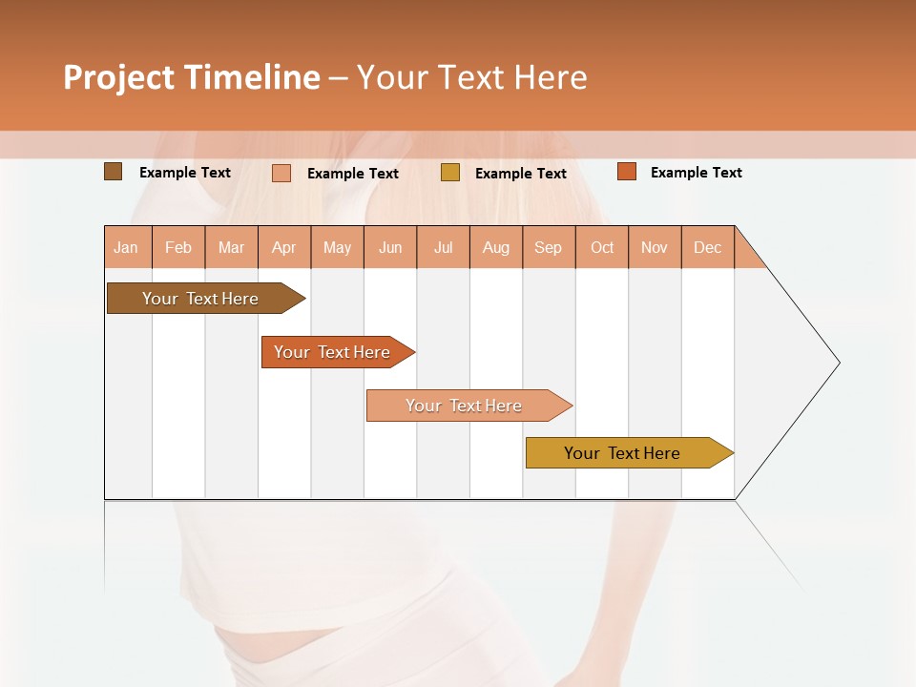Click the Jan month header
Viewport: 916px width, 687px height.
(127, 247)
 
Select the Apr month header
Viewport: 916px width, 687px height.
(284, 247)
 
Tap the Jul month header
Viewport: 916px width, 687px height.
(443, 247)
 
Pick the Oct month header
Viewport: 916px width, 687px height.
(601, 247)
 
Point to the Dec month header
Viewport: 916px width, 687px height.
(707, 247)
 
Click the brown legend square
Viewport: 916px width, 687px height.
(113, 172)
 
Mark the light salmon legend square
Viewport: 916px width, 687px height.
(281, 173)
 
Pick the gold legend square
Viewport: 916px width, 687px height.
(449, 173)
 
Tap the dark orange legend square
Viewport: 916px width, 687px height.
(626, 172)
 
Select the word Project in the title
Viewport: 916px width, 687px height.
(119, 77)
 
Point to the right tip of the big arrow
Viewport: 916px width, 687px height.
(837, 363)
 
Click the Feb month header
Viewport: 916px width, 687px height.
(178, 247)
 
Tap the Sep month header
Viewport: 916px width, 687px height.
(548, 247)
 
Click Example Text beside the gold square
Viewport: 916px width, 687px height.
(520, 174)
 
